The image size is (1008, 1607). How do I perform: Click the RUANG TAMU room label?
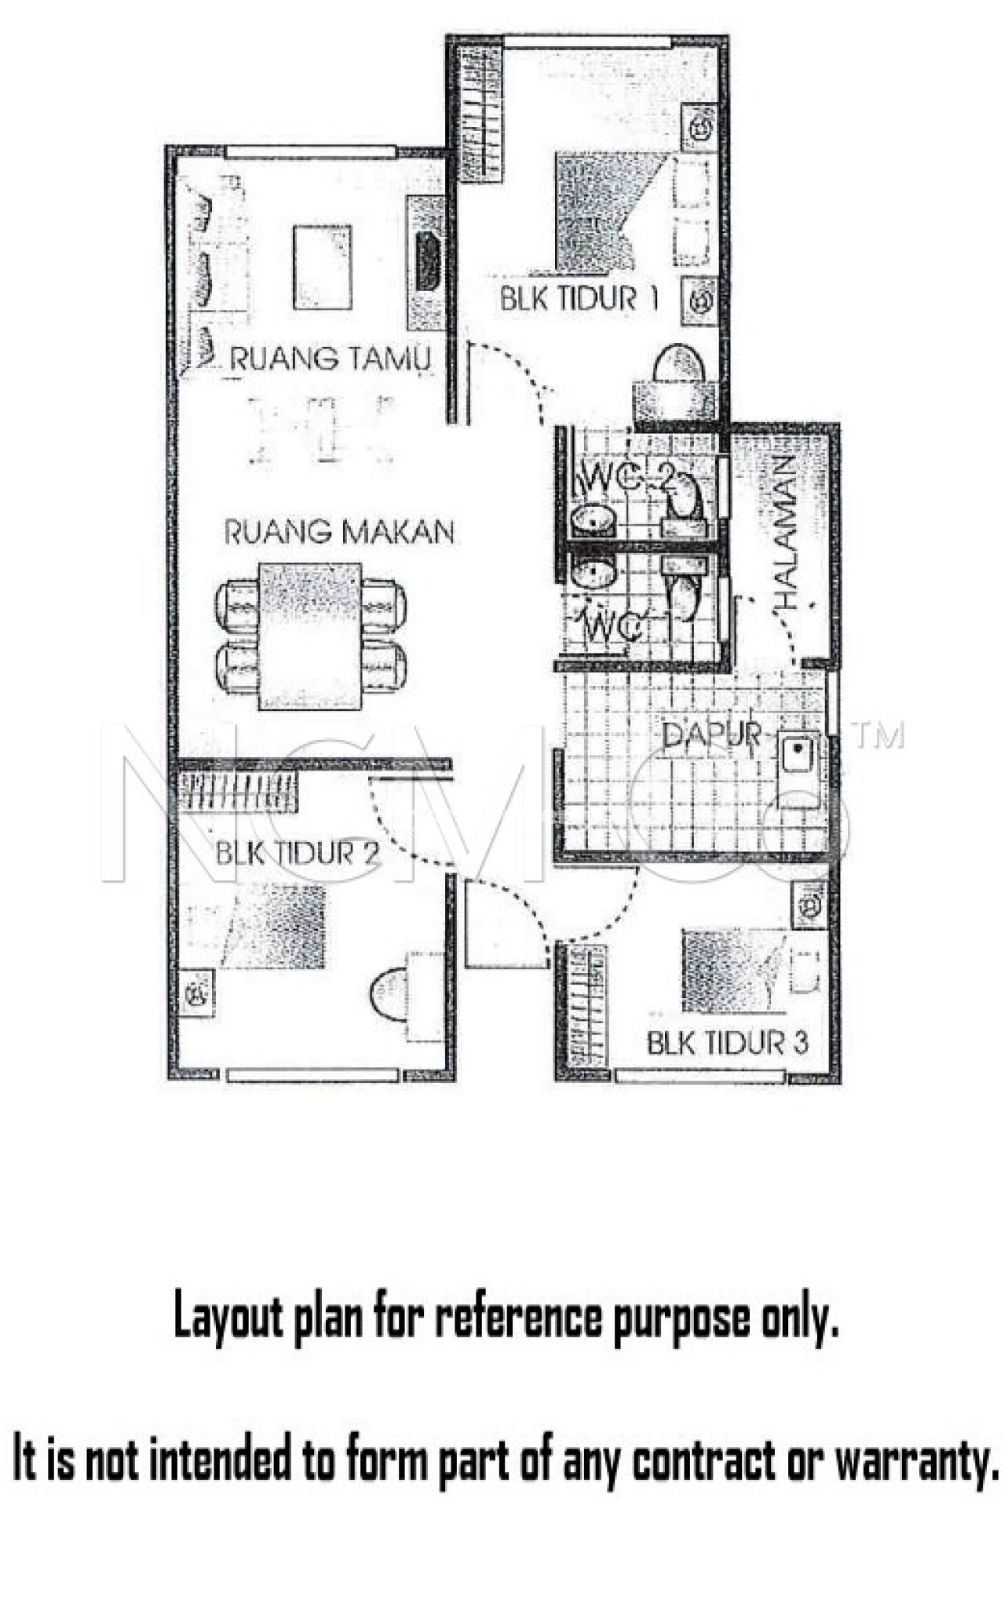point(330,359)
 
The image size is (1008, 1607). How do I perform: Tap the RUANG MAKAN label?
point(339,532)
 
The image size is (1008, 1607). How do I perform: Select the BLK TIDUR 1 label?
point(579,299)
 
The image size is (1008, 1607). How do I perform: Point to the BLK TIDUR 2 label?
point(297,853)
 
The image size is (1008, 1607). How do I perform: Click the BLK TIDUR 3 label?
point(727,1043)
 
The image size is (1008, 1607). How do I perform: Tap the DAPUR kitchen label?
point(711,735)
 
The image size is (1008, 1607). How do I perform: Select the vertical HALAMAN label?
point(785,534)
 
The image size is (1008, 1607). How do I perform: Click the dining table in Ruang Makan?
point(311,635)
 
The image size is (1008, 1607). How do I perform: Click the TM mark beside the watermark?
point(878,735)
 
